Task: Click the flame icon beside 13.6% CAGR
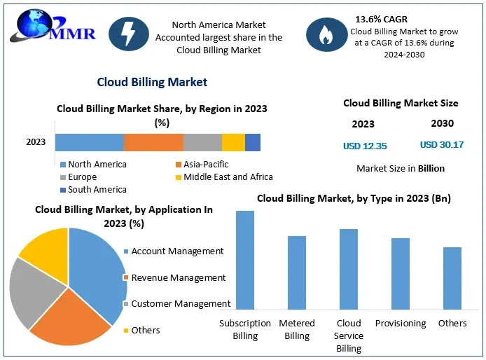coord(325,34)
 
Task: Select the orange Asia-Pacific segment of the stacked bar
coord(153,142)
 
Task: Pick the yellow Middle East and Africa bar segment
coord(233,142)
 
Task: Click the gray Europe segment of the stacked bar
coord(202,142)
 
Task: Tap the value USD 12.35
coord(365,146)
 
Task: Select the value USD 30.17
coord(442,145)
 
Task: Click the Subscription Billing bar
coord(245,260)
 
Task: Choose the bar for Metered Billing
coord(297,272)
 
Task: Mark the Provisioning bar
coord(401,274)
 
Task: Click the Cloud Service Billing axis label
coord(349,335)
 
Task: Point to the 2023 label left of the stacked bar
coord(36,142)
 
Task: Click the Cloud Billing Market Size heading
coord(401,103)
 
